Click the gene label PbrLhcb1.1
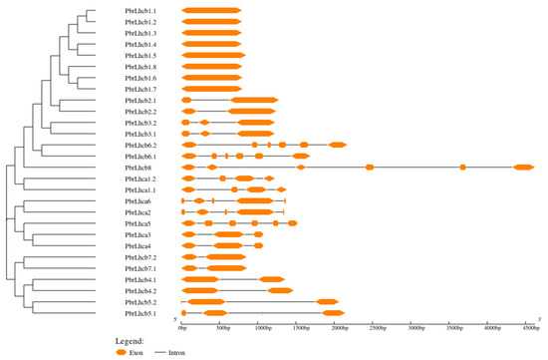pos(140,11)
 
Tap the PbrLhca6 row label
pos(137,201)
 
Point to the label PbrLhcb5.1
pos(140,313)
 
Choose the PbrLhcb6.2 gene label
pos(140,146)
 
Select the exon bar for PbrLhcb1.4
pos(211,45)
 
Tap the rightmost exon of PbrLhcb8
pos(523,168)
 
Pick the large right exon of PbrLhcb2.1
pos(254,101)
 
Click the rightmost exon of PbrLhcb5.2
pos(327,302)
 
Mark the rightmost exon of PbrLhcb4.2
pos(280,291)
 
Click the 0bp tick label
pos(182,325)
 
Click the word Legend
pos(132,341)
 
